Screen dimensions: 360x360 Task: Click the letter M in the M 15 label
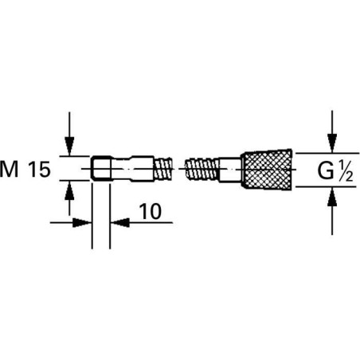pos(12,169)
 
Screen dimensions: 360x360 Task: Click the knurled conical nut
pos(264,168)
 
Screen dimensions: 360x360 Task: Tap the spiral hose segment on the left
pos(163,168)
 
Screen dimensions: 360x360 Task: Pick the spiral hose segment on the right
pos(201,168)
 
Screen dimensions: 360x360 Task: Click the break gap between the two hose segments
pos(181,168)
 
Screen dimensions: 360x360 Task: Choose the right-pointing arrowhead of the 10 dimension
pos(82,222)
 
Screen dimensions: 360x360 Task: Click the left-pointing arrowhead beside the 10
pos(118,222)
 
